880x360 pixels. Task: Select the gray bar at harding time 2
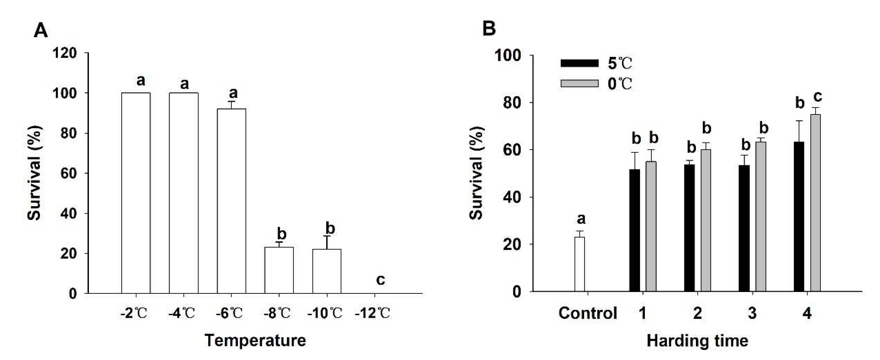(x=706, y=220)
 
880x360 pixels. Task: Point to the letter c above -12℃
(x=380, y=280)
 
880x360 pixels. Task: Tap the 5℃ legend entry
(x=596, y=63)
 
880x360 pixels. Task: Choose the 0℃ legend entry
(x=596, y=84)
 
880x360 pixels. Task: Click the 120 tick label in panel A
(x=64, y=53)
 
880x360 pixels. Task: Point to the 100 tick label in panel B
(x=508, y=56)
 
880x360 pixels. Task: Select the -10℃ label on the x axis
(x=325, y=313)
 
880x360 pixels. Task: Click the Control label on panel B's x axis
(x=588, y=313)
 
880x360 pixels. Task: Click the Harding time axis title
(x=697, y=341)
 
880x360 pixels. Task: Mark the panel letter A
(x=41, y=31)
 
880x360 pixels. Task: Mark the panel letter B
(x=489, y=29)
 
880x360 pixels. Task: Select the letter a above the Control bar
(x=581, y=219)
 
